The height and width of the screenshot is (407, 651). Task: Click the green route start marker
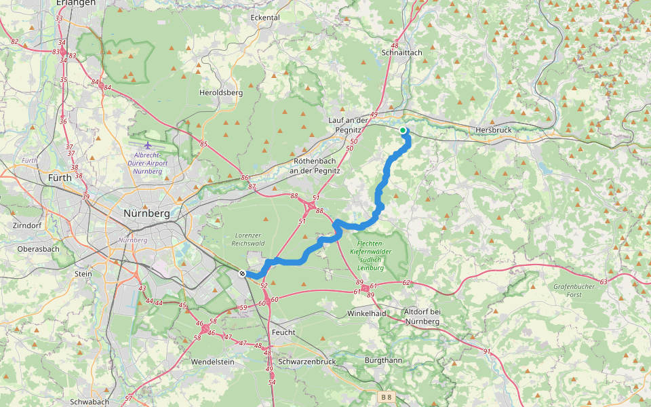click(403, 130)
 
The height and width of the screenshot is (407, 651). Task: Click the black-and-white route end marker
click(242, 273)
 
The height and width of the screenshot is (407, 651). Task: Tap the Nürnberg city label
click(146, 213)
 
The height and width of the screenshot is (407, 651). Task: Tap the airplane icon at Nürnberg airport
click(149, 144)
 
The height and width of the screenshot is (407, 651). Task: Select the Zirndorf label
click(28, 225)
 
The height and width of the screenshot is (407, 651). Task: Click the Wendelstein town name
click(212, 362)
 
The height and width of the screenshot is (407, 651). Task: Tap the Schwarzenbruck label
click(307, 362)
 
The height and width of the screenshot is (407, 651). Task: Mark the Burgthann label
click(383, 360)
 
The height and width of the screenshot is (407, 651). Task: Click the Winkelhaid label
click(366, 313)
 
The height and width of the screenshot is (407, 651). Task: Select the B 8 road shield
click(386, 396)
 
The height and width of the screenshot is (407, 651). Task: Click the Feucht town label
click(283, 332)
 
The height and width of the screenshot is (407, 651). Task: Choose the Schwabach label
click(90, 402)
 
